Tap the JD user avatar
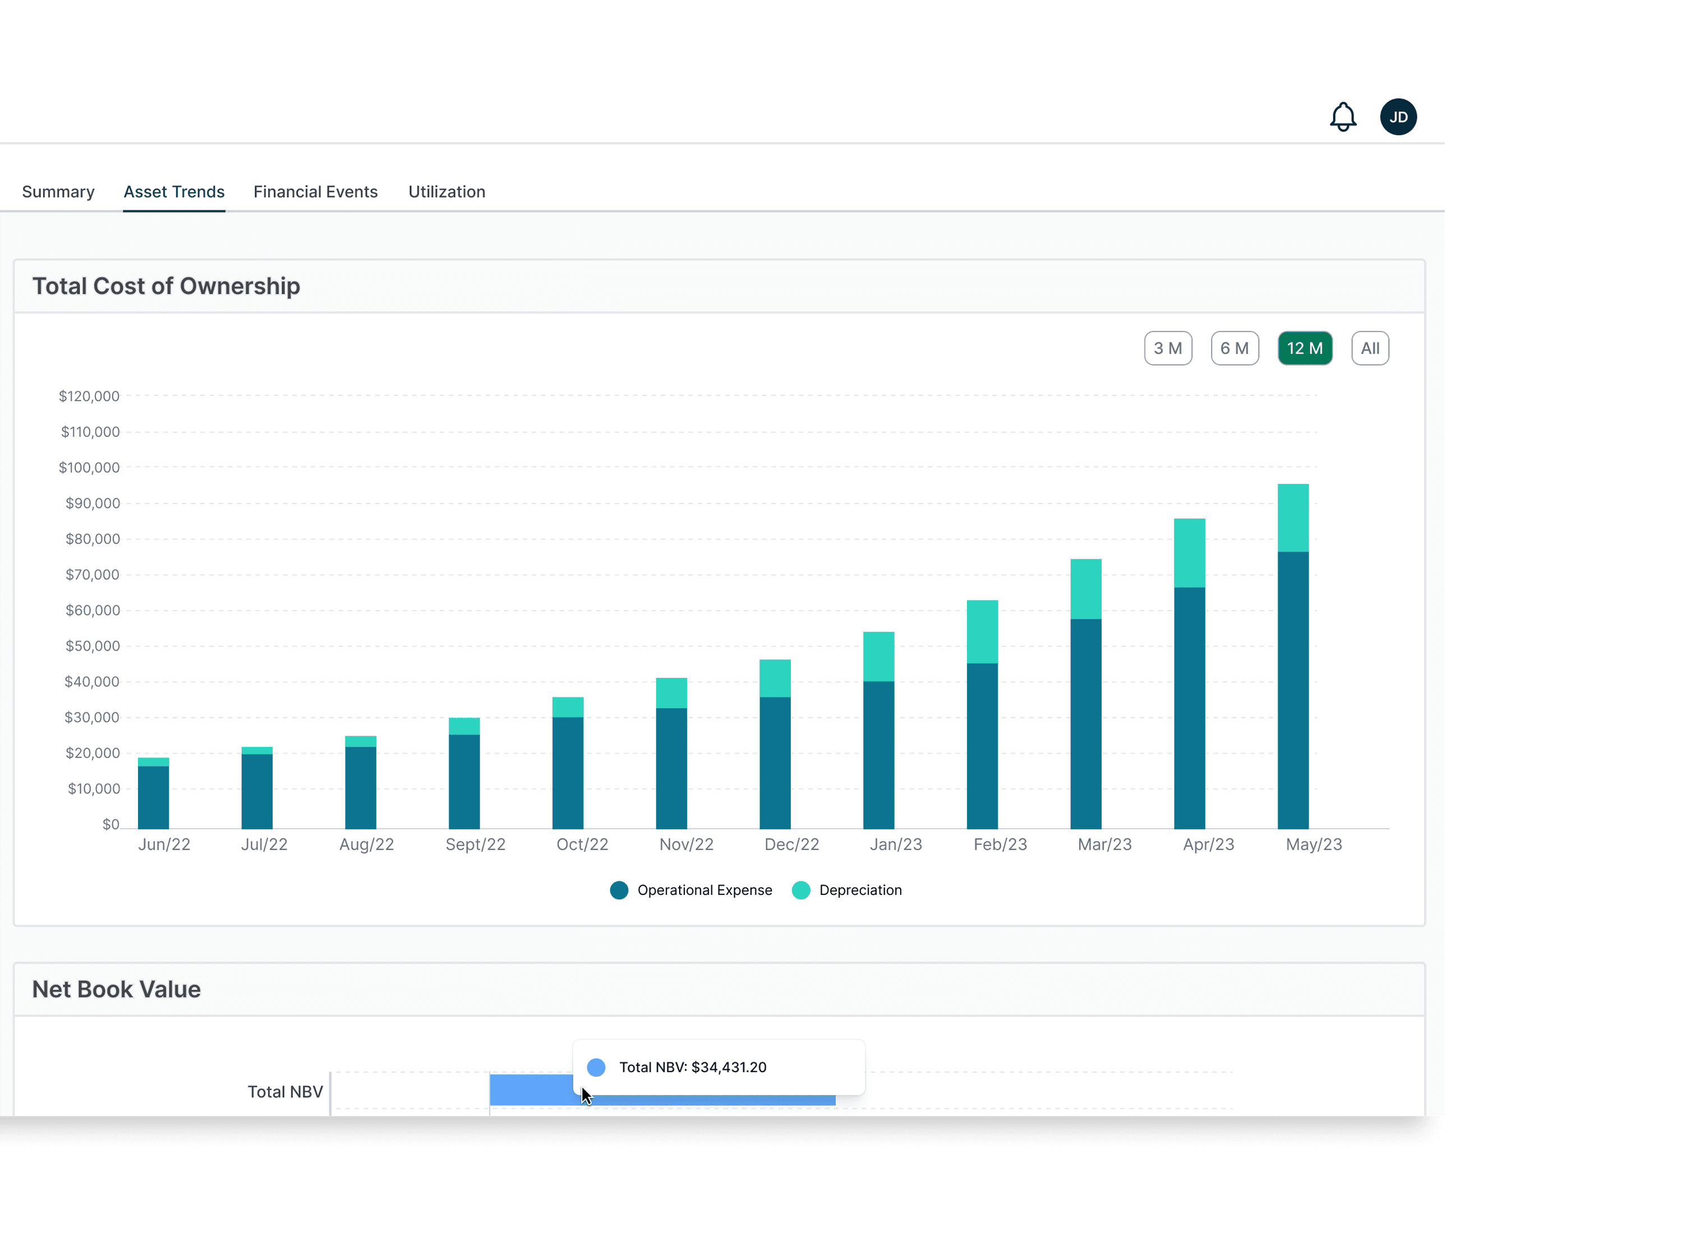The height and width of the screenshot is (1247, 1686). [x=1398, y=117]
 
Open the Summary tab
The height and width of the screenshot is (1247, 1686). [x=58, y=192]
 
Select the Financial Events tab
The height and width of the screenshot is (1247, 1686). [x=316, y=192]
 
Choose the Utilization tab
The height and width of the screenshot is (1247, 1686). [x=447, y=192]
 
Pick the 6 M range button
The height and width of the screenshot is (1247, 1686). [x=1234, y=348]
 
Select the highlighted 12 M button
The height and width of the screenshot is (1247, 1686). [x=1305, y=348]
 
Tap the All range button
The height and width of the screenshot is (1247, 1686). [x=1370, y=348]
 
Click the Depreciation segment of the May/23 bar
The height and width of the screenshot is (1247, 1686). [x=1293, y=518]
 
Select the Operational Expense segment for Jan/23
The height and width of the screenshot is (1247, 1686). [x=878, y=755]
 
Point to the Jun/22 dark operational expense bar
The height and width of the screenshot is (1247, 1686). [x=153, y=797]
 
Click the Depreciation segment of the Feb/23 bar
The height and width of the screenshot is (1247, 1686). [x=982, y=632]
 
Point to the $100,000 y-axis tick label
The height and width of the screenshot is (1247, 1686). [x=89, y=467]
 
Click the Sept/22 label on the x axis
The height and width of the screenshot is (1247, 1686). [x=476, y=844]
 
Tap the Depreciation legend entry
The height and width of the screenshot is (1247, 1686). [x=846, y=890]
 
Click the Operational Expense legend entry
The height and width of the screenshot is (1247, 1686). [x=691, y=890]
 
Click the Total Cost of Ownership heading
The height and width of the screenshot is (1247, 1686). [x=166, y=286]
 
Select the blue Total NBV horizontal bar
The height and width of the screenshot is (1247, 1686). [x=662, y=1090]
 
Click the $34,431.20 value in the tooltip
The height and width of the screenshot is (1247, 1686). [x=729, y=1066]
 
